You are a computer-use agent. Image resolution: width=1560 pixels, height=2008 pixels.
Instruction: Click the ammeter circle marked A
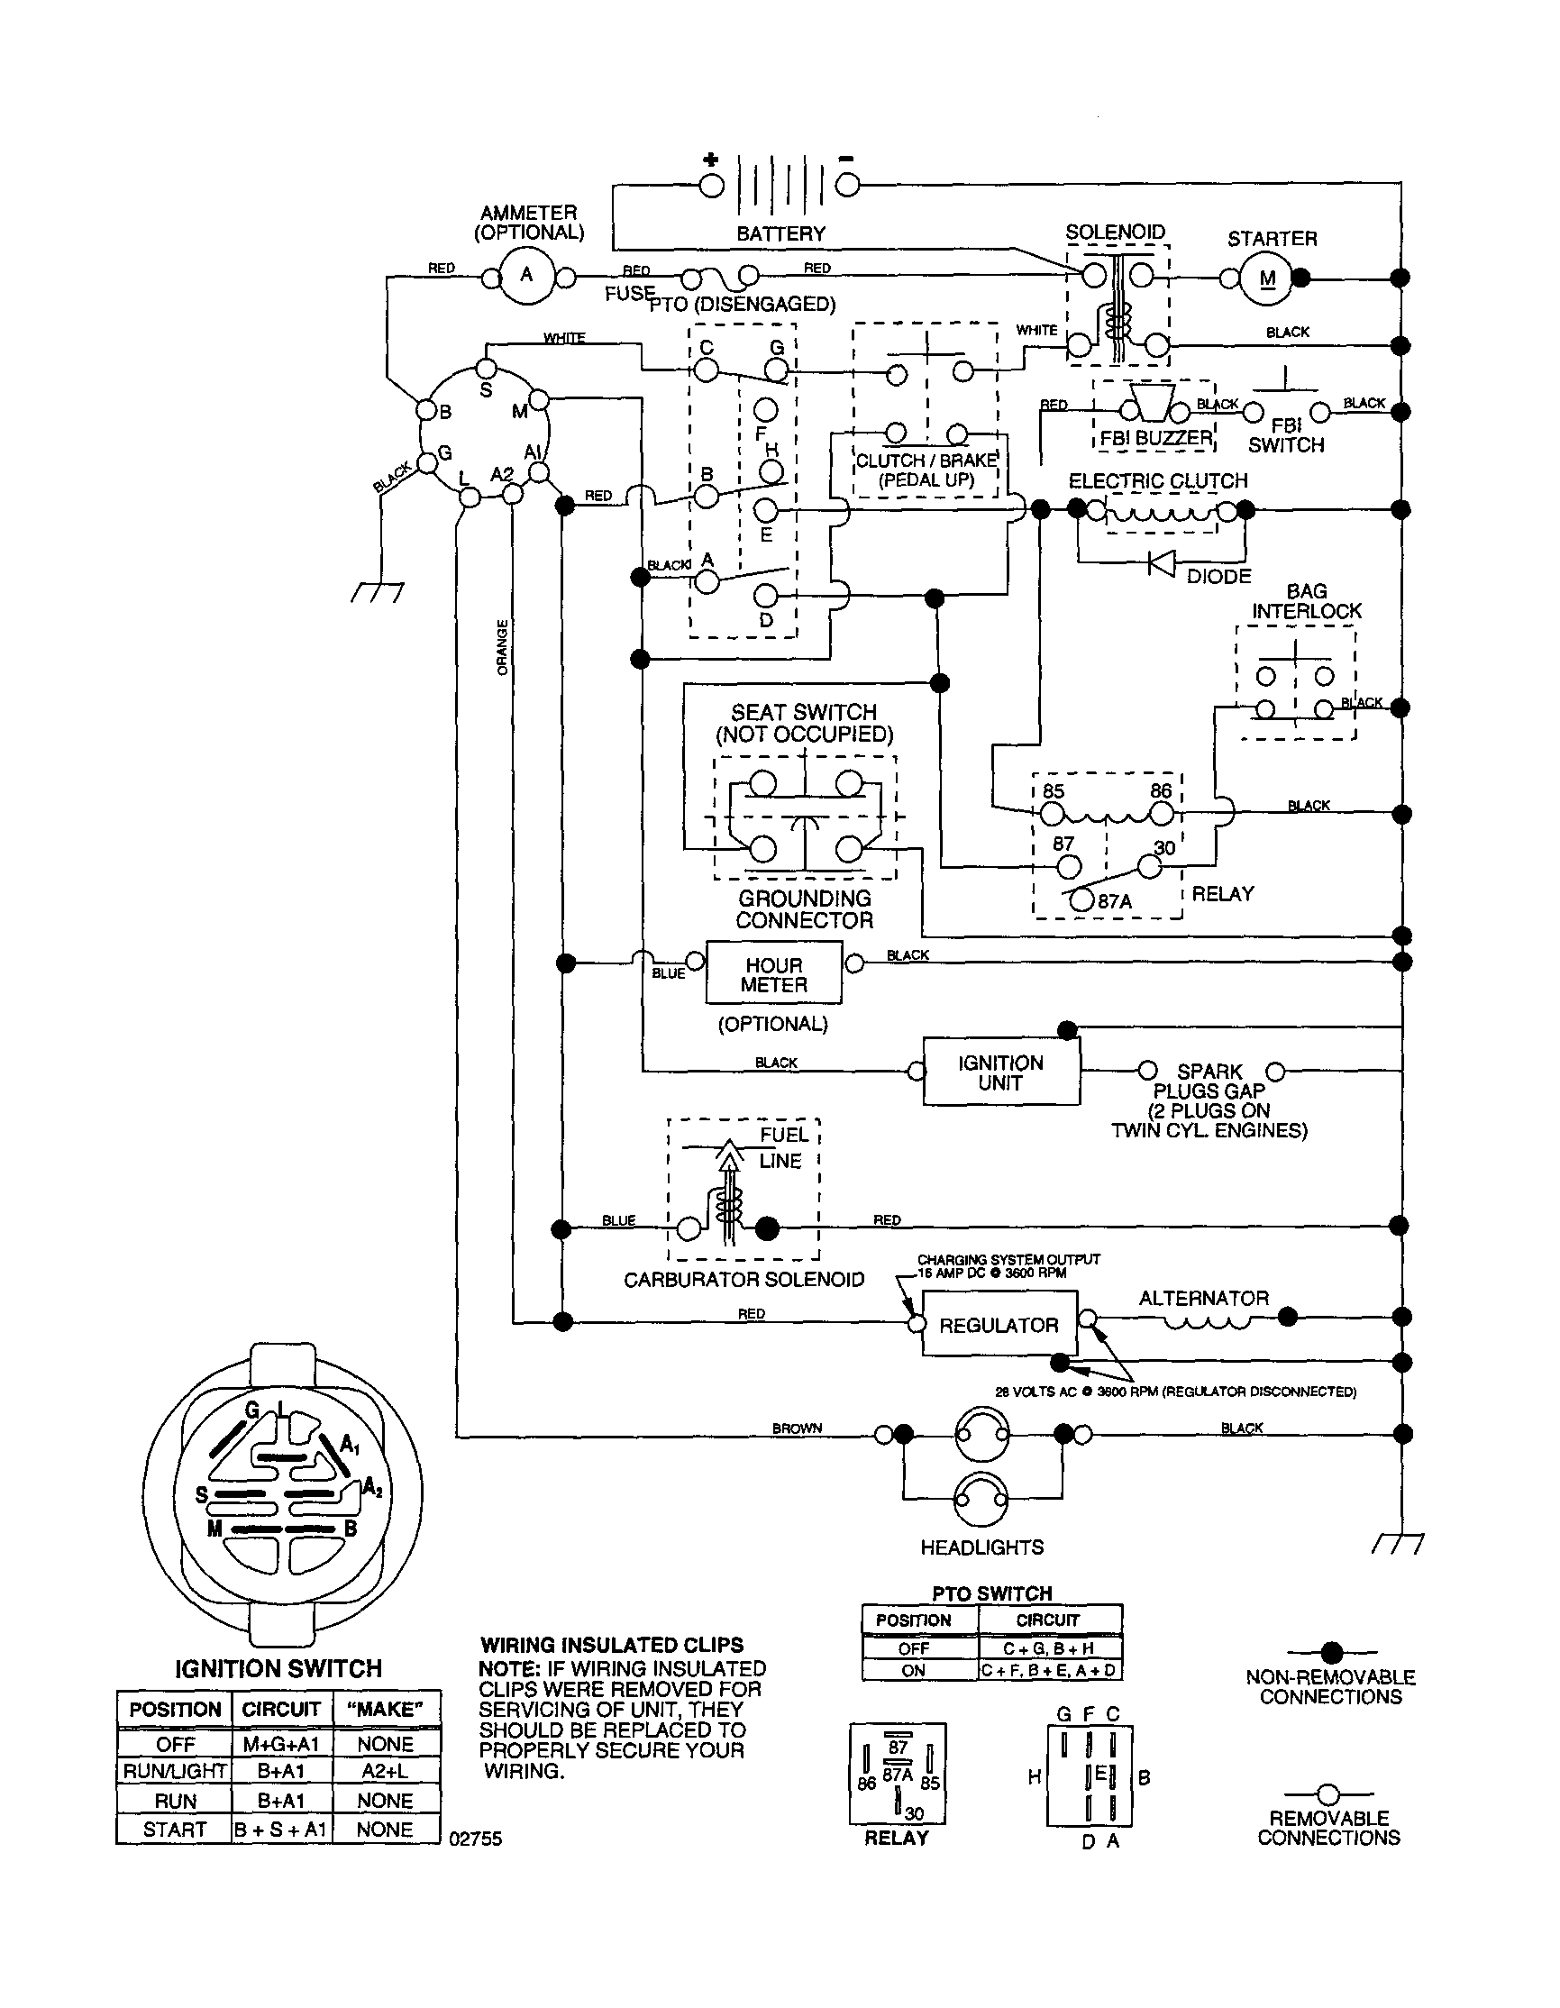526,274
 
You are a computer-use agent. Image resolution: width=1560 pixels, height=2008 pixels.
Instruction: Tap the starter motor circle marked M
1267,277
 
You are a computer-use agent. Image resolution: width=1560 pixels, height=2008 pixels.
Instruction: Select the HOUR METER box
773,974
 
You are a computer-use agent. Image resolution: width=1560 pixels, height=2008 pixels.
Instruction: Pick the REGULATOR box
999,1325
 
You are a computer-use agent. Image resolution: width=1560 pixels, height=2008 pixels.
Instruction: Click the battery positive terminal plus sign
710,159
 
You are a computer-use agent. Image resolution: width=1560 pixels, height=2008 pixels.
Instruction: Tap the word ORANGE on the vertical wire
502,647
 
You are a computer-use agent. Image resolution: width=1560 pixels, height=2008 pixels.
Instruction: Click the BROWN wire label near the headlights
796,1428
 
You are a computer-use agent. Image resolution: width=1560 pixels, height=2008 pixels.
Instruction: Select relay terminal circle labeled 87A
1083,900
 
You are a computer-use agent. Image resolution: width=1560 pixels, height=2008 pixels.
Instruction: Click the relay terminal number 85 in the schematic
1054,791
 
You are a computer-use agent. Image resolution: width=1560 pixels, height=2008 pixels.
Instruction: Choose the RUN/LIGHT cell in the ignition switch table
175,1771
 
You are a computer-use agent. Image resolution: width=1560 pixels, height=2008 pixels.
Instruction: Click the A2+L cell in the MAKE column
384,1771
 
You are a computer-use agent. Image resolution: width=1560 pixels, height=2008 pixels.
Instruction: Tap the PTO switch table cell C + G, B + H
1048,1648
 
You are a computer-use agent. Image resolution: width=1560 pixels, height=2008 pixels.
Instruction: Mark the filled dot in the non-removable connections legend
1331,1652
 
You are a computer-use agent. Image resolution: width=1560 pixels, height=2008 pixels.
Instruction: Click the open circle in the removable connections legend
1328,1794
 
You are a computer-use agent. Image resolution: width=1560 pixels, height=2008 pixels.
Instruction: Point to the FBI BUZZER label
1156,439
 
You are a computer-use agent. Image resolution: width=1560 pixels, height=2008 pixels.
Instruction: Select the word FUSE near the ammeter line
630,293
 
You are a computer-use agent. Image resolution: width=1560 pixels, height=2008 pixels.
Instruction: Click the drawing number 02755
475,1839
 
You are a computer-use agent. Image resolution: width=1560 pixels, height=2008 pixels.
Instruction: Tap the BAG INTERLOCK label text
1305,601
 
